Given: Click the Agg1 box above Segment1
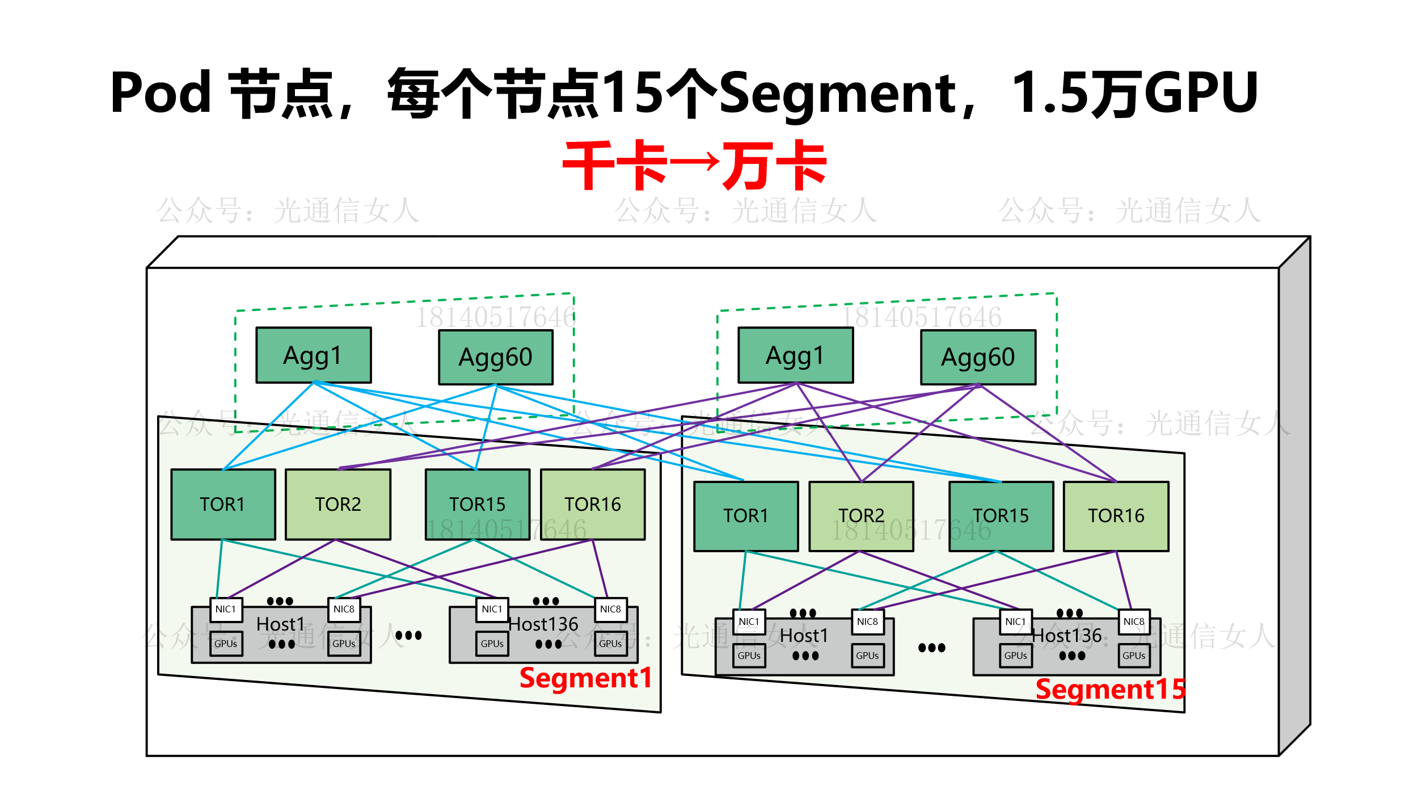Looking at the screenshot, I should coord(313,355).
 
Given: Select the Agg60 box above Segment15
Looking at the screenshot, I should coord(978,357).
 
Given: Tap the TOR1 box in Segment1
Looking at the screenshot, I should coord(223,504).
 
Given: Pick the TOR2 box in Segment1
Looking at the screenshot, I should coord(337,504).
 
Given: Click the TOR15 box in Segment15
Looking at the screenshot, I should coord(1001,516).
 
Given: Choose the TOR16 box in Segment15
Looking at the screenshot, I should coord(1116,516).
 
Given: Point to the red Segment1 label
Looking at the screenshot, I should coord(585,678).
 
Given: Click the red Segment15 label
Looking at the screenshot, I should coord(1110,689).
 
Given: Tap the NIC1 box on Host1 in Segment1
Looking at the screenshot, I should coord(226,609).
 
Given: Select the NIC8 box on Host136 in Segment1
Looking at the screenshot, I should coord(610,609).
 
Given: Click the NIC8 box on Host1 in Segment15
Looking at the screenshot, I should coord(867,621).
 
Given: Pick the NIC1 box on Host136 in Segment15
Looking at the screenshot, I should coord(1015,621).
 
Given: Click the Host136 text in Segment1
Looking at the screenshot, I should coord(543,624).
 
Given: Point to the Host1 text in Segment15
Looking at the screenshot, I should coord(804,636).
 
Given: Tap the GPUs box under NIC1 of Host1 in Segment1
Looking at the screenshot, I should coord(226,644).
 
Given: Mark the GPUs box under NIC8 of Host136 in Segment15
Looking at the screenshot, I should coord(1134,656).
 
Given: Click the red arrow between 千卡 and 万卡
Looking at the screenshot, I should coord(694,163).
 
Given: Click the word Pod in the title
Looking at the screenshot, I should coord(161,93).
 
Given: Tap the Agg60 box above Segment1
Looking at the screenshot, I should coord(496,357).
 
